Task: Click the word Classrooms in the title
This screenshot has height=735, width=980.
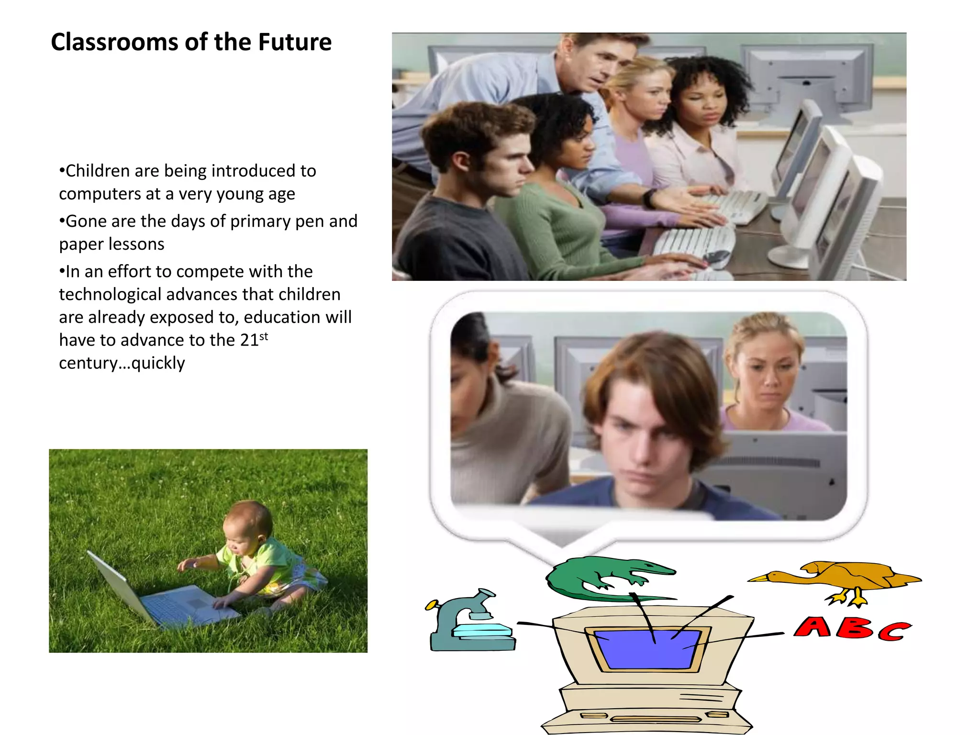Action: point(114,42)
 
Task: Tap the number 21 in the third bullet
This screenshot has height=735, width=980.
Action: point(249,340)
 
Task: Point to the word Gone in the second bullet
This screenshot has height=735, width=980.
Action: point(85,222)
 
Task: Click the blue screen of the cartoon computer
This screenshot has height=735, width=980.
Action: point(646,649)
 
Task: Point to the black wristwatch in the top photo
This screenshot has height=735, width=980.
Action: point(649,197)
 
